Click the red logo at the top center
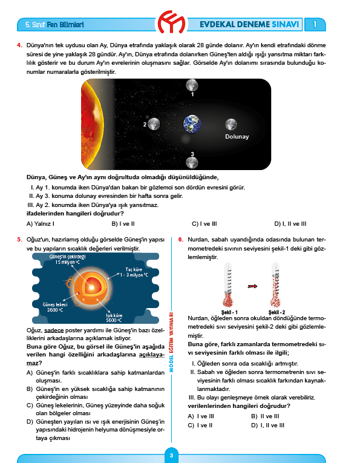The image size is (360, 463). click(x=171, y=22)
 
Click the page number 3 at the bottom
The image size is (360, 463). click(x=171, y=455)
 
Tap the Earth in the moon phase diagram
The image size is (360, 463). click(x=192, y=124)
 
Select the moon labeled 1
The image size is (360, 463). click(x=192, y=85)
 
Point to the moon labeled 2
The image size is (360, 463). click(x=154, y=123)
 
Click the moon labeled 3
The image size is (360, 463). click(x=192, y=162)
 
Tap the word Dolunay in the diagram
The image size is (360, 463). click(x=237, y=137)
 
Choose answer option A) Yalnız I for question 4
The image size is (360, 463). click(x=41, y=224)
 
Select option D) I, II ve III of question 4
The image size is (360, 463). click(x=290, y=224)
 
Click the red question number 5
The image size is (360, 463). click(x=19, y=240)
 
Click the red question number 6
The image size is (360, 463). click(x=180, y=240)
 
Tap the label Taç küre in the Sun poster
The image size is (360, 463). click(x=134, y=269)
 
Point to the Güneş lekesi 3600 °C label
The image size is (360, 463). click(x=55, y=307)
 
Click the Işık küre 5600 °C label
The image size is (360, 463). click(x=114, y=318)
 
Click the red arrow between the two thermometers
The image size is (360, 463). click(x=252, y=286)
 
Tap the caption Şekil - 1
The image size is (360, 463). click(x=229, y=312)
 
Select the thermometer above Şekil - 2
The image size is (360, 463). click(x=276, y=285)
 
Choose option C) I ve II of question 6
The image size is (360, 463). click(x=200, y=425)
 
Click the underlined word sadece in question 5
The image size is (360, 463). click(x=54, y=330)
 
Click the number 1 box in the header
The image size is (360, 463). click(x=315, y=24)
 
